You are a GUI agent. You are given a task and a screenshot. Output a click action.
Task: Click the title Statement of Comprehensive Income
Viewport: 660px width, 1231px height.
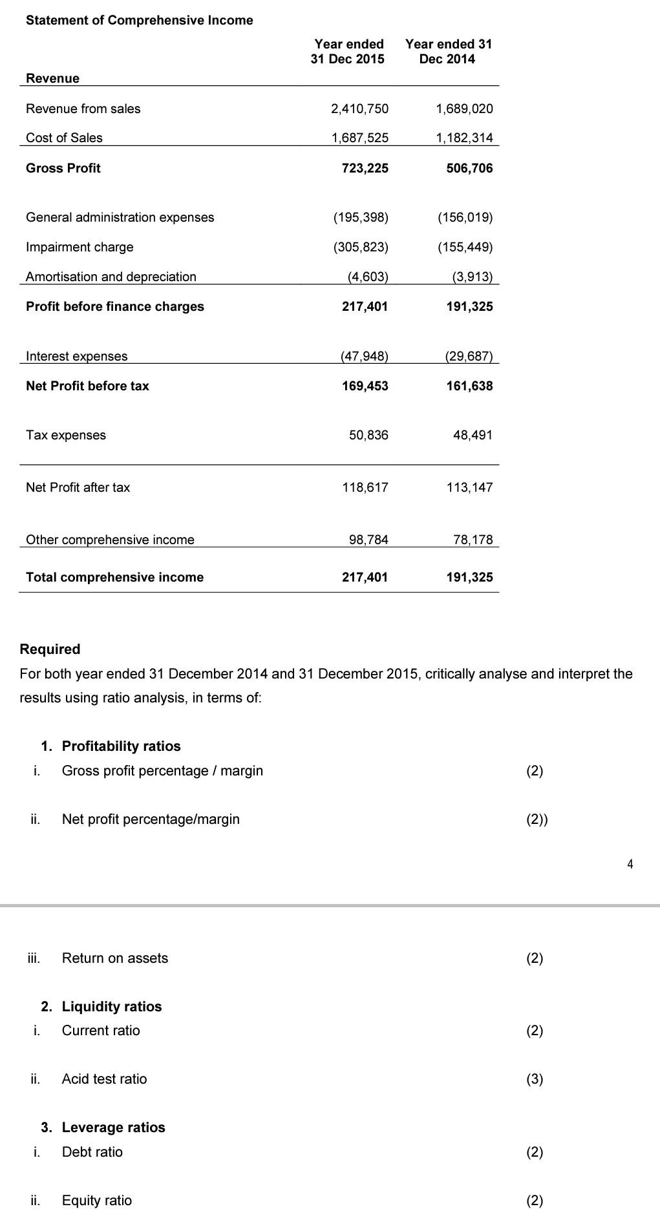pyautogui.click(x=139, y=20)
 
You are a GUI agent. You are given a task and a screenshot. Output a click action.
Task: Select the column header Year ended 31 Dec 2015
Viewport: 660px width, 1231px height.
pyautogui.click(x=348, y=51)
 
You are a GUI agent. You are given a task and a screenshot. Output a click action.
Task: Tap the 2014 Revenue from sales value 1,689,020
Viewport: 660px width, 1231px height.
pyautogui.click(x=464, y=109)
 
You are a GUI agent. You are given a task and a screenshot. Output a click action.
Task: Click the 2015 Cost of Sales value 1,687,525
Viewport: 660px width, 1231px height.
pyautogui.click(x=359, y=138)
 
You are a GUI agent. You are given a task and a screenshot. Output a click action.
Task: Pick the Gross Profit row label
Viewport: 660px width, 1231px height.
pyautogui.click(x=63, y=168)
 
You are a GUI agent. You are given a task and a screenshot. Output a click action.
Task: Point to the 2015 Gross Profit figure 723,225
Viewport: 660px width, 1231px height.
pyautogui.click(x=365, y=168)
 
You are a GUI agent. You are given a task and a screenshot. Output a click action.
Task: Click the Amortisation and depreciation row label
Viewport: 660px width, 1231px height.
pyautogui.click(x=111, y=277)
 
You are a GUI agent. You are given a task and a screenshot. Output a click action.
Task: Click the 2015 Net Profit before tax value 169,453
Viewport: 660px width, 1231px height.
pyautogui.click(x=365, y=386)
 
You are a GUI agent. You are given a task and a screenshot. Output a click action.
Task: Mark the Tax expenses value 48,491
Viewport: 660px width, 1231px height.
pyautogui.click(x=473, y=435)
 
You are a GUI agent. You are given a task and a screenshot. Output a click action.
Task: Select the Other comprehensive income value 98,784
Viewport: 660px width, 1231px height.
pyautogui.click(x=368, y=540)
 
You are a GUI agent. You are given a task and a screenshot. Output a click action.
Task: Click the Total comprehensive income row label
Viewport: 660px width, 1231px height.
pyautogui.click(x=114, y=577)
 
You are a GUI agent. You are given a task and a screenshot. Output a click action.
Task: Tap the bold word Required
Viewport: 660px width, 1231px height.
pyautogui.click(x=50, y=649)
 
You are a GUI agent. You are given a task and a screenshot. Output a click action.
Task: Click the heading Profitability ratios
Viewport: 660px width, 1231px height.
pyautogui.click(x=121, y=746)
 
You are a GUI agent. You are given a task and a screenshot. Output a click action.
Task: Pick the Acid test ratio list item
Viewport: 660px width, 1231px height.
pyautogui.click(x=104, y=1078)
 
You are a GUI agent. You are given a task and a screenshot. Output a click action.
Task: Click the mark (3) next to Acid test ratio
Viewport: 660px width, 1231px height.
pyautogui.click(x=534, y=1078)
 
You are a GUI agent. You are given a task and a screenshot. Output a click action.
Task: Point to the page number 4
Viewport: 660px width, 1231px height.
pyautogui.click(x=630, y=863)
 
